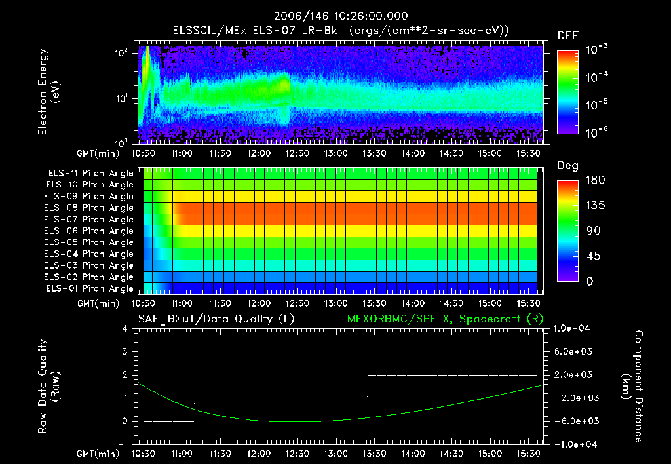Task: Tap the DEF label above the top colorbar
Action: (x=567, y=35)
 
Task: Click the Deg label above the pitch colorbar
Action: (x=567, y=166)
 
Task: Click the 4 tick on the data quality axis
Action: (x=127, y=328)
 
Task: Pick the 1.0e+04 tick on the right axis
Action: (x=573, y=328)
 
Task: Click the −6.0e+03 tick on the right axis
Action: (x=573, y=421)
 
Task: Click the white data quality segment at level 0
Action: (x=169, y=421)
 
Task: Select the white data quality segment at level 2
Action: (x=452, y=375)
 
